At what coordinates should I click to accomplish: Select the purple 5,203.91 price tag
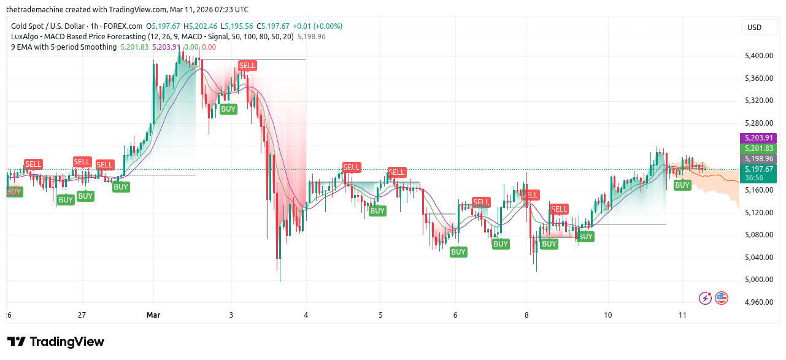click(759, 138)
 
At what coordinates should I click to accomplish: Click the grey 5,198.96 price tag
click(759, 158)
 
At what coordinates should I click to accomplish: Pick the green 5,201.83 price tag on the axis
click(759, 148)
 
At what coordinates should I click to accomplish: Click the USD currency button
click(754, 27)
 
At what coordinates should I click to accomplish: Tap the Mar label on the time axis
click(153, 315)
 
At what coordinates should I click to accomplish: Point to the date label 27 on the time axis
click(82, 315)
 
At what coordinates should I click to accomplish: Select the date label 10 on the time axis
click(607, 315)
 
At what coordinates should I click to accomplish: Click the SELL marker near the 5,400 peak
click(247, 66)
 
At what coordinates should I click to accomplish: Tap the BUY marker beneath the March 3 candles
click(228, 109)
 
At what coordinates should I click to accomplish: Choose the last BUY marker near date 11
click(682, 185)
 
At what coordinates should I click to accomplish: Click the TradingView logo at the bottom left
click(56, 342)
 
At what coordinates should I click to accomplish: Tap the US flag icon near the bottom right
click(722, 298)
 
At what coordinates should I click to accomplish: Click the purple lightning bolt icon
click(706, 298)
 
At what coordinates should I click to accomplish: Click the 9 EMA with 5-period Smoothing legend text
click(64, 47)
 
